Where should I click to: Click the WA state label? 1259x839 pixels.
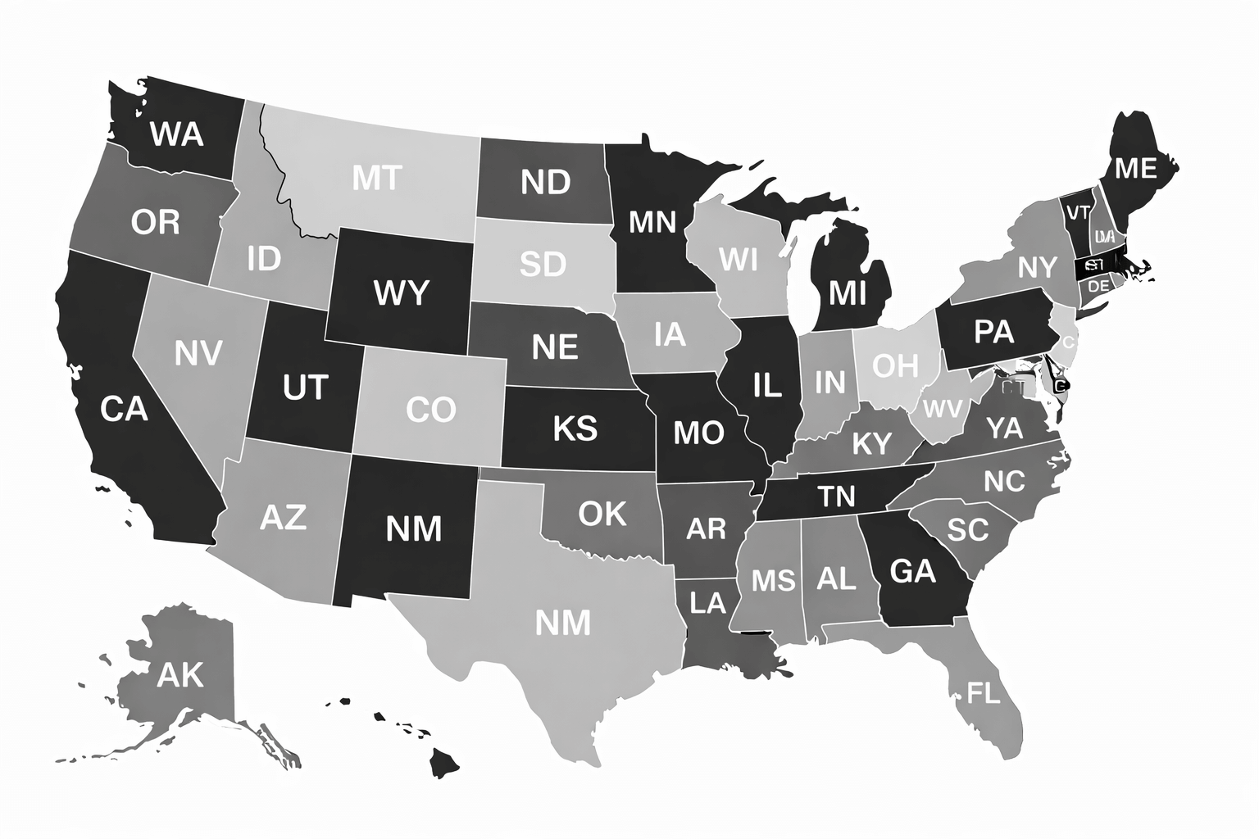[x=177, y=133]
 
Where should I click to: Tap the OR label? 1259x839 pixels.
[x=155, y=221]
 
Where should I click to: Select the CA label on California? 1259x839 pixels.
[x=124, y=407]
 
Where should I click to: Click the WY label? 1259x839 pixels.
[x=401, y=292]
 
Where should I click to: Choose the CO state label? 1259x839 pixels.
[x=431, y=409]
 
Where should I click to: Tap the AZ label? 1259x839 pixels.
[x=283, y=517]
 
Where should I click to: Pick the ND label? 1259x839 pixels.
[x=545, y=182]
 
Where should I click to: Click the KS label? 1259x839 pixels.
[x=575, y=428]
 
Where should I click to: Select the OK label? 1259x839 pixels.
[x=602, y=514]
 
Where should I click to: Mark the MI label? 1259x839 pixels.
[x=848, y=292]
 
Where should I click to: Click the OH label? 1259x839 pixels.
[x=895, y=365]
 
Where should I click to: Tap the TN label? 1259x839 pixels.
[x=836, y=496]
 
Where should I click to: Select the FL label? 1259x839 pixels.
[x=984, y=694]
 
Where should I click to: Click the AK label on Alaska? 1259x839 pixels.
[x=180, y=675]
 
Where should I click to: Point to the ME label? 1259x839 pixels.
[x=1136, y=168]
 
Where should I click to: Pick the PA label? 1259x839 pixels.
[x=994, y=331]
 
